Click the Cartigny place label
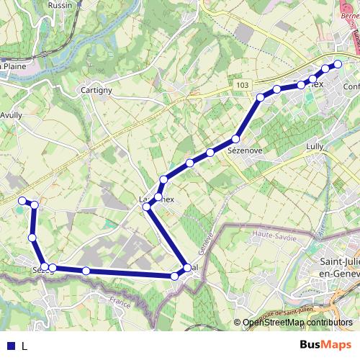tap(96, 90)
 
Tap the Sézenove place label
tap(244, 151)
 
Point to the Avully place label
tap(14, 114)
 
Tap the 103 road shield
tap(241, 85)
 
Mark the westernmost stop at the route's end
tap(22, 200)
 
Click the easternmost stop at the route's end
tap(338, 63)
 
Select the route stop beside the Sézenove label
tap(235, 138)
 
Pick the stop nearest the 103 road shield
tap(261, 96)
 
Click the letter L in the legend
tap(24, 346)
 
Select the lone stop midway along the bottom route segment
tap(86, 271)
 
